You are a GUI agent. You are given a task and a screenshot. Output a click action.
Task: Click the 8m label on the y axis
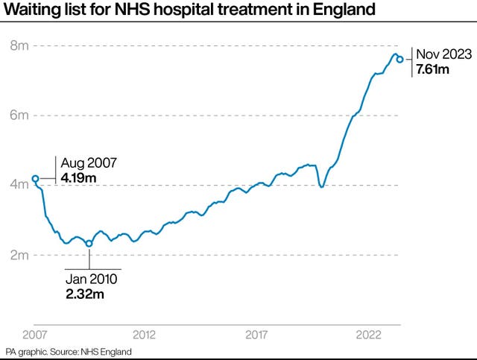tap(19, 46)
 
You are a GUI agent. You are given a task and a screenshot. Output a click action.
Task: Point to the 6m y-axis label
tap(19, 116)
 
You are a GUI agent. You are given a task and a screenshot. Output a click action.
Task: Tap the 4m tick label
tap(19, 185)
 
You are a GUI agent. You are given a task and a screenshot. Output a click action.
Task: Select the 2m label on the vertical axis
tap(19, 255)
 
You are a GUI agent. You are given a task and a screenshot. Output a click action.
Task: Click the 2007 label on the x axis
tap(35, 333)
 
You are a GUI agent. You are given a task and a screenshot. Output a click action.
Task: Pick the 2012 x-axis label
tap(144, 333)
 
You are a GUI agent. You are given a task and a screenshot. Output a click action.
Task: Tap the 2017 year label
tap(256, 333)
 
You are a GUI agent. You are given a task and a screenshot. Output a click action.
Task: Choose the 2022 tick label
tap(369, 333)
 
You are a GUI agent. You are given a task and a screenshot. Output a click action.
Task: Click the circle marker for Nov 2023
tap(400, 60)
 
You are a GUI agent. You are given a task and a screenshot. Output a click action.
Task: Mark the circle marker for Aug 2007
tap(35, 179)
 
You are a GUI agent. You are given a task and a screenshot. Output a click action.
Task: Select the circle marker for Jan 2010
tap(89, 244)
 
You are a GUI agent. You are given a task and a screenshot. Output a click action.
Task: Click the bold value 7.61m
tap(433, 69)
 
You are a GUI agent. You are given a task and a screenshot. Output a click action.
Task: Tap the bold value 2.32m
tap(83, 294)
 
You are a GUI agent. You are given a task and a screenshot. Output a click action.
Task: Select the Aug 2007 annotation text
tap(87, 162)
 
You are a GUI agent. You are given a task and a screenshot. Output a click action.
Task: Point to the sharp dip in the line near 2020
tap(321, 186)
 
